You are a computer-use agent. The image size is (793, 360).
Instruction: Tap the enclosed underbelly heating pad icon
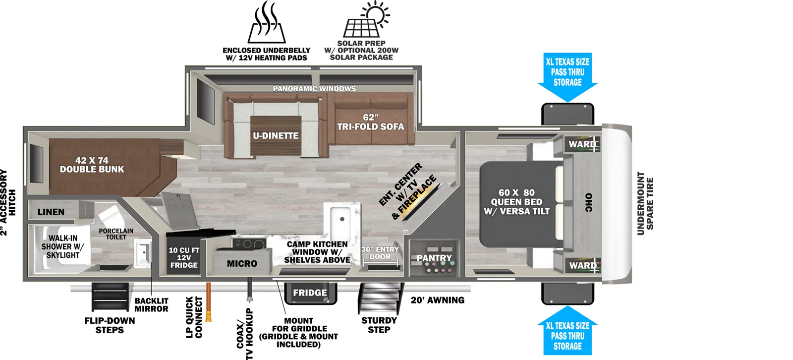(x=266, y=22)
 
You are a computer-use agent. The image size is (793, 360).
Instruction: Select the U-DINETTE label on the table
(x=276, y=135)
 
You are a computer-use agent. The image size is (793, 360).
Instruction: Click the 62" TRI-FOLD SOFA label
(x=370, y=122)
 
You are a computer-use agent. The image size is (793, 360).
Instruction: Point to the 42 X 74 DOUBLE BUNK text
(x=92, y=165)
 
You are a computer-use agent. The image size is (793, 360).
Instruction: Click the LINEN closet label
(x=51, y=212)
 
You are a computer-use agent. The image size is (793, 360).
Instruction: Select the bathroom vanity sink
(x=143, y=253)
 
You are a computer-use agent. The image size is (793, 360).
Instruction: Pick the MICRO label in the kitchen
(x=242, y=264)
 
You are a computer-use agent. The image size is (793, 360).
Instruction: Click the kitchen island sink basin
(x=340, y=220)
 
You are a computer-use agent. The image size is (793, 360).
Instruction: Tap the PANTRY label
(x=434, y=258)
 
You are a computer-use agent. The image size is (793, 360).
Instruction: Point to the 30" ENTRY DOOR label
(x=380, y=253)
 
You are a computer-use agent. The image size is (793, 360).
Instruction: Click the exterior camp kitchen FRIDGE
(x=310, y=294)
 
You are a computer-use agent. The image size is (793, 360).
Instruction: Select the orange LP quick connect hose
(x=209, y=302)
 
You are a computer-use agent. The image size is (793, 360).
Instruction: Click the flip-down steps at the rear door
(x=110, y=297)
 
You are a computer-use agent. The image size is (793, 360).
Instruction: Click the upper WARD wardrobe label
(x=582, y=144)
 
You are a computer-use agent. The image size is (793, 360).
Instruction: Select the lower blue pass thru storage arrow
(x=567, y=331)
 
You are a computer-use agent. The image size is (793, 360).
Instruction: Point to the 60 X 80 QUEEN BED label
(x=516, y=202)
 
